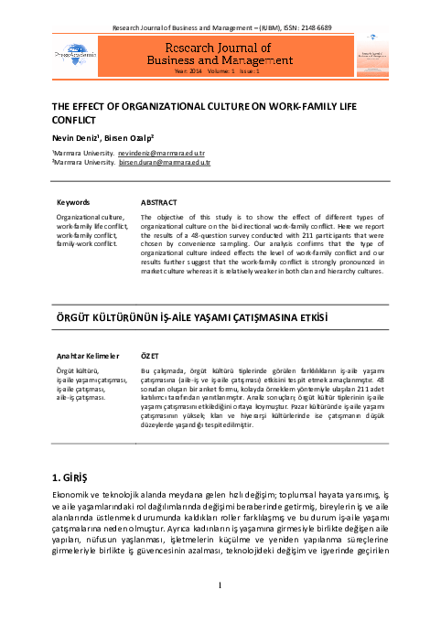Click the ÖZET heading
pyautogui.click(x=150, y=354)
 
